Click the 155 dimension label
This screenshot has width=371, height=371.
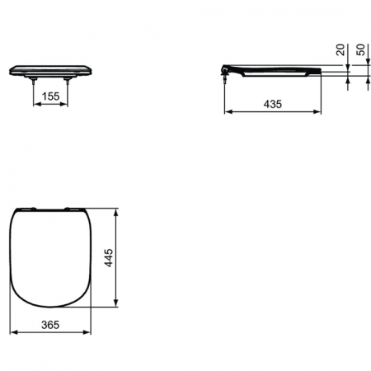click(x=50, y=96)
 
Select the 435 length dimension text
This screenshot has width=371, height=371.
click(x=270, y=103)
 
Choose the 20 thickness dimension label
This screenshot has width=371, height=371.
click(x=340, y=49)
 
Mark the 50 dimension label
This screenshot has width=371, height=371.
click(x=360, y=49)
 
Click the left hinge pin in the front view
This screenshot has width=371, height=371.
click(x=33, y=80)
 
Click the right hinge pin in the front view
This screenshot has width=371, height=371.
click(x=68, y=80)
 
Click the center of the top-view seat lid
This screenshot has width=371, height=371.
click(x=50, y=256)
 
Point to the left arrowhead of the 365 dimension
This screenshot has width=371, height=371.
click(x=12, y=335)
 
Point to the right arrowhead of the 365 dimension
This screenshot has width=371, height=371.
click(x=88, y=335)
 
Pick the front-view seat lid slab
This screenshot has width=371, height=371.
click(x=50, y=70)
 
